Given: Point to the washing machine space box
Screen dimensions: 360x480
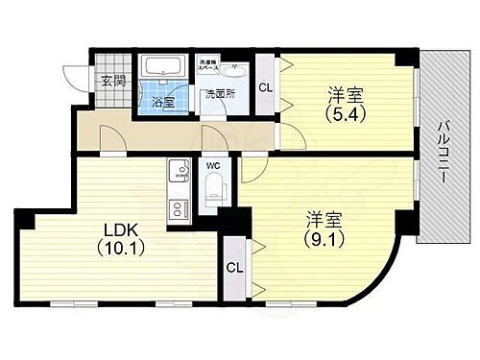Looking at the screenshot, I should (x=209, y=66).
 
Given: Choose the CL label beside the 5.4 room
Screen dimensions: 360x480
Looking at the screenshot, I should (x=266, y=86).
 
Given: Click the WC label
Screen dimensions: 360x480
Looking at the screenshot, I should (x=213, y=164).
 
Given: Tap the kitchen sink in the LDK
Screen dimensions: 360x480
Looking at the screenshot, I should (x=176, y=173).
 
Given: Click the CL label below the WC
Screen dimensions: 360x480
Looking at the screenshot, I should (x=233, y=269).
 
